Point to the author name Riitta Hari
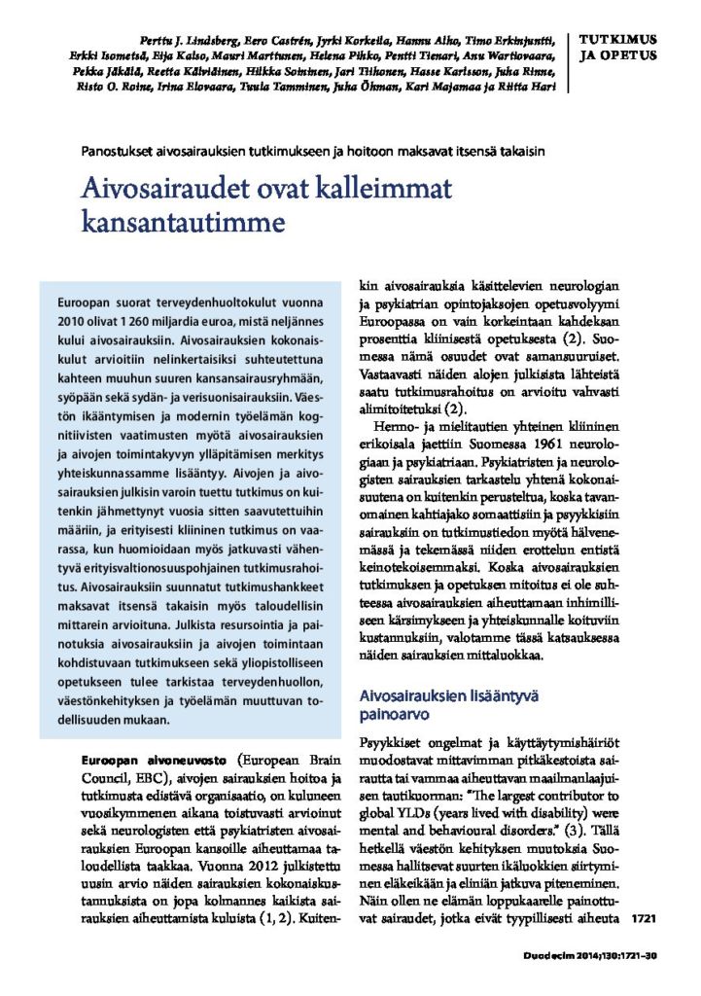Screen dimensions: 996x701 (530, 87)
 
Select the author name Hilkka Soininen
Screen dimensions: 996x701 (281, 71)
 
